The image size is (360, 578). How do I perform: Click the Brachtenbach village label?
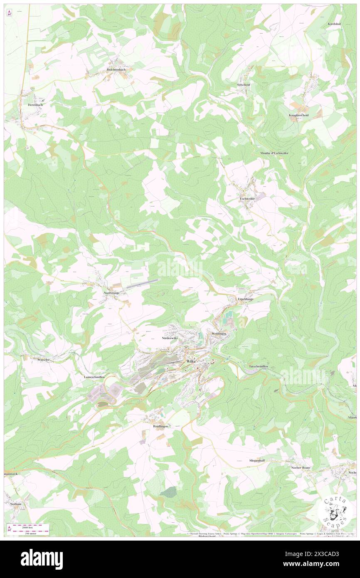click(116, 69)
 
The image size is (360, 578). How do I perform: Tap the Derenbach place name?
click(35, 105)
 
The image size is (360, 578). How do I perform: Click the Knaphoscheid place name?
click(298, 115)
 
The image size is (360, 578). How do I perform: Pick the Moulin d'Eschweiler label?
click(274, 153)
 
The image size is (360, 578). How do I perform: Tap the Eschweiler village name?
click(247, 199)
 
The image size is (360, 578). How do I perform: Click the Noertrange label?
click(111, 293)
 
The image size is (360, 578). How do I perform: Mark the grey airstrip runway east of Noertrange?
click(141, 284)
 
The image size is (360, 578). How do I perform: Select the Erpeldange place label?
click(245, 299)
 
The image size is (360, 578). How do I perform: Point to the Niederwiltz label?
click(170, 338)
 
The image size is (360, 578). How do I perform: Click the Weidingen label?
click(219, 334)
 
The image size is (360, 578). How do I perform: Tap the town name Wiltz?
click(191, 362)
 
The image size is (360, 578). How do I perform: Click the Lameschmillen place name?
click(94, 376)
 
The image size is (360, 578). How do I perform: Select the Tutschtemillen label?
click(260, 366)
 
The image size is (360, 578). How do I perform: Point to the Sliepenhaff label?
click(257, 461)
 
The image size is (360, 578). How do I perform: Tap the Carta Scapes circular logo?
click(335, 511)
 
